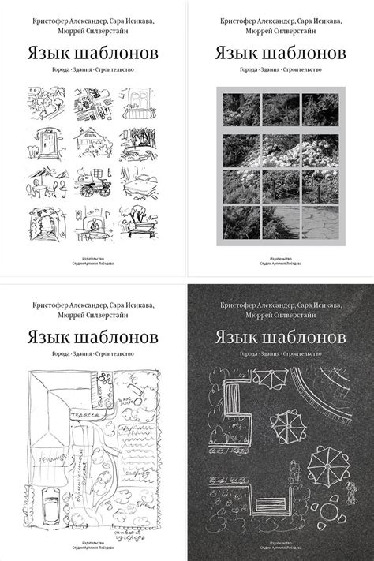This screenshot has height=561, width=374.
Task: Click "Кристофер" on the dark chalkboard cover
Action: pos(239,303)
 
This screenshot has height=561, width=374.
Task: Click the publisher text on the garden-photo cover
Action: pos(280,260)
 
